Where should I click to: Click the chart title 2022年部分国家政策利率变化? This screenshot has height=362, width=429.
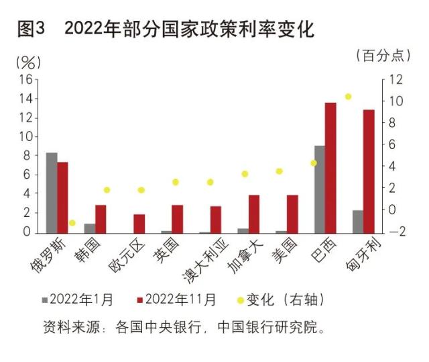(190, 30)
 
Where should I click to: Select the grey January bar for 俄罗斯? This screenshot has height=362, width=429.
(52, 192)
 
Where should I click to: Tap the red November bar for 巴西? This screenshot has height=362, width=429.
(330, 167)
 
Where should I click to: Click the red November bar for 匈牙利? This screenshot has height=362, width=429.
(369, 171)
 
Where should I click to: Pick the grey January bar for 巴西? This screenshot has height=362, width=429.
(320, 189)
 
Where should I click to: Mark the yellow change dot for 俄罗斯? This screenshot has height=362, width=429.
(72, 223)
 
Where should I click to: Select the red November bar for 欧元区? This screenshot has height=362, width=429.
(139, 223)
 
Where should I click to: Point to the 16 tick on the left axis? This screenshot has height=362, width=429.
(26, 79)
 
